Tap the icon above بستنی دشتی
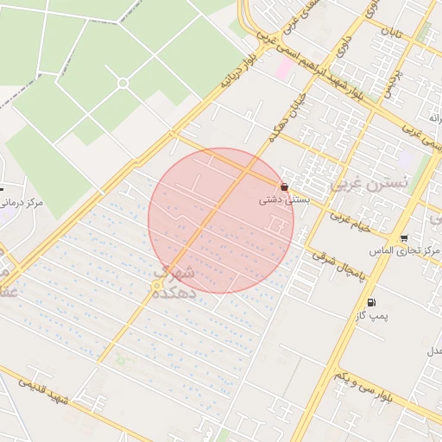pos(284,186)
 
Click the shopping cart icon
pos(404,238)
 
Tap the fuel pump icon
pos(371,302)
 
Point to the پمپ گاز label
pos(372,316)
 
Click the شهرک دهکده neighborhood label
pos(175,283)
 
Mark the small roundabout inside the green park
pos(123,83)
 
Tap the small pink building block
pos(283,67)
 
